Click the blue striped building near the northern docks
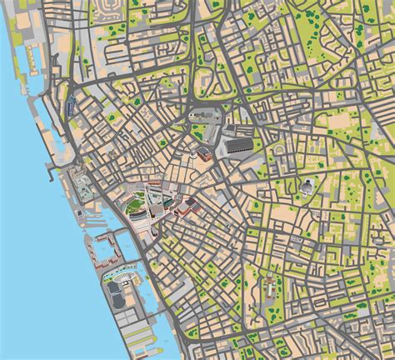tap(70, 104)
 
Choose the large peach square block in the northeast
tap(342, 122)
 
